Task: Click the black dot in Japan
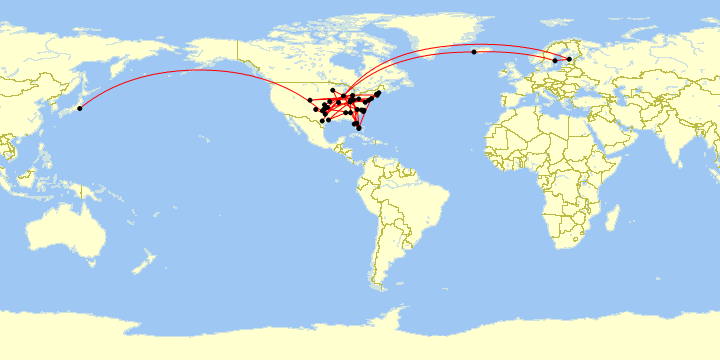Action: pyautogui.click(x=79, y=108)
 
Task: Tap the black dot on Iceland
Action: pyautogui.click(x=474, y=52)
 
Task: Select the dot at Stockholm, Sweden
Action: pyautogui.click(x=555, y=61)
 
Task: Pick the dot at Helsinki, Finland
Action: pyautogui.click(x=569, y=59)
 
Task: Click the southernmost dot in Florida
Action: pyautogui.click(x=359, y=129)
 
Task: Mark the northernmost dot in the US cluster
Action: pyautogui.click(x=332, y=90)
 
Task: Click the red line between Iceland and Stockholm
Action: pyautogui.click(x=515, y=52)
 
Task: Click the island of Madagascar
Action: pyautogui.click(x=613, y=218)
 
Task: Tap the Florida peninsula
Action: pyautogui.click(x=357, y=123)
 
